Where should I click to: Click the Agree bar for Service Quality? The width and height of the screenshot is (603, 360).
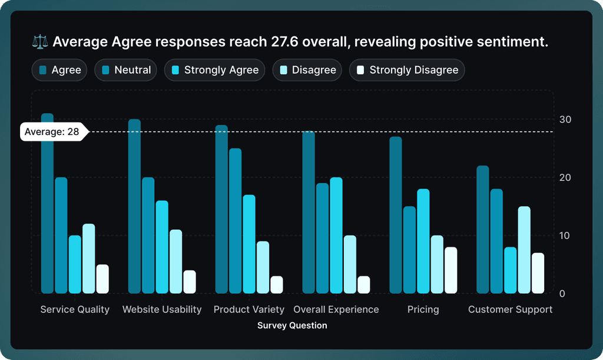tap(47, 203)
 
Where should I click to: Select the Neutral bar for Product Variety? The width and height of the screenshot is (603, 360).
tap(235, 221)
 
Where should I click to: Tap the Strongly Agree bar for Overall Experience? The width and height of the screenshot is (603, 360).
tap(336, 235)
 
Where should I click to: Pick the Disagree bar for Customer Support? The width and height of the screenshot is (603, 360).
tap(524, 250)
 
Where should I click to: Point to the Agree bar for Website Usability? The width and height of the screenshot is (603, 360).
tap(134, 206)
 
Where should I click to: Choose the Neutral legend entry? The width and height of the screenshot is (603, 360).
tap(126, 70)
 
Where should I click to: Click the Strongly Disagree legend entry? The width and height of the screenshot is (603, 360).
tap(407, 70)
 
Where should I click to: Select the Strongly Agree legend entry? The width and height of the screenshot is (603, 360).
tap(214, 70)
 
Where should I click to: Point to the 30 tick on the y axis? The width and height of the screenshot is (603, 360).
tap(565, 120)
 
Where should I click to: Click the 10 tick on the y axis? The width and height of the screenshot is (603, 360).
tap(565, 236)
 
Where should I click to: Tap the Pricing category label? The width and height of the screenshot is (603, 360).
tap(423, 309)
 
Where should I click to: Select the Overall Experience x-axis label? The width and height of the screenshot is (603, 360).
tap(336, 309)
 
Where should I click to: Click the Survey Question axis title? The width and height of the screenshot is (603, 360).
tap(292, 325)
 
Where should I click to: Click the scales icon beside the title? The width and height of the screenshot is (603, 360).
tap(40, 42)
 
